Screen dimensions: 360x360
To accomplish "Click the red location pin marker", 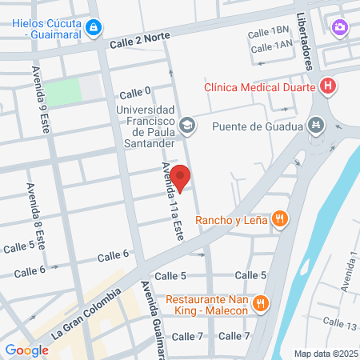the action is click(180, 178).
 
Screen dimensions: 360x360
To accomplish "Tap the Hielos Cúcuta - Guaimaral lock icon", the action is click(94, 28).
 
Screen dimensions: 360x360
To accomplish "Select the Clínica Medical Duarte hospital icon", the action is click(326, 86).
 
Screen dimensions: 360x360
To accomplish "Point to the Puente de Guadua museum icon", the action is click(317, 126).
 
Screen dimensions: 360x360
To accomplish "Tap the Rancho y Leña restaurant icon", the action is click(279, 218).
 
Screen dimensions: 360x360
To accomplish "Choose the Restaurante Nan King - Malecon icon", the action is click(260, 303).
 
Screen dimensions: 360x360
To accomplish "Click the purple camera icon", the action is click(340, 27).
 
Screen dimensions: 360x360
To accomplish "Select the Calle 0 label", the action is click(134, 93).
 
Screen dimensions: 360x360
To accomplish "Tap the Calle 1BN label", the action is click(268, 31).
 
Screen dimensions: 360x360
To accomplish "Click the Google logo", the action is click(26, 350).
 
